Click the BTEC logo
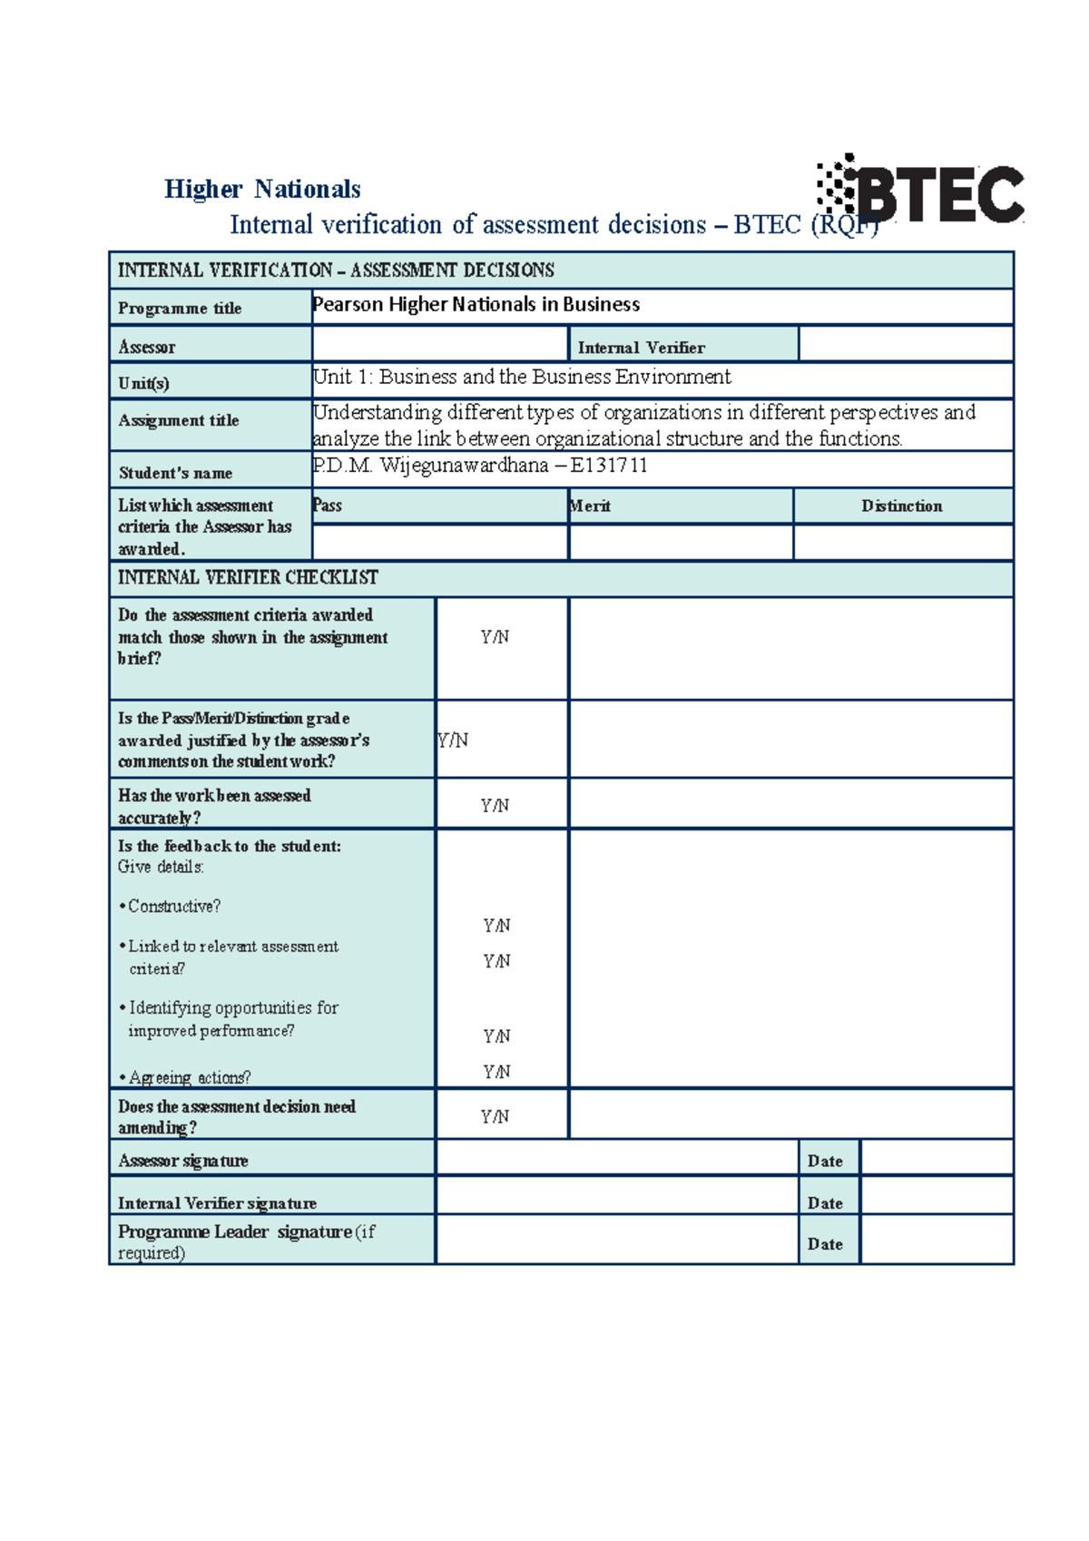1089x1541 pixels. click(921, 191)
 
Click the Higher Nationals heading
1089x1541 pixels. click(262, 189)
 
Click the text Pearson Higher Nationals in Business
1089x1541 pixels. click(476, 305)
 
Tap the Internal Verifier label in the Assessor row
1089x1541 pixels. click(641, 348)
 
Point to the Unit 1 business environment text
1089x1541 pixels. click(522, 377)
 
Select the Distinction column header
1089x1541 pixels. click(901, 506)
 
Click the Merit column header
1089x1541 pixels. click(590, 506)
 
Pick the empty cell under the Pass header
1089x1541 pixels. click(439, 543)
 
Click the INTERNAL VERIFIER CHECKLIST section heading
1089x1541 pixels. click(248, 578)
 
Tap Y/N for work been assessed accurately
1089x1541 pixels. click(495, 806)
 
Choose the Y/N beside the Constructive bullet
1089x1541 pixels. click(496, 926)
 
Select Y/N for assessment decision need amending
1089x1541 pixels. click(495, 1117)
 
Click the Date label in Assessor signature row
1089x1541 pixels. click(825, 1162)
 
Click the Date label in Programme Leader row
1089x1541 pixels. click(825, 1244)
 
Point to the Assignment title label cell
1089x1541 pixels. click(179, 421)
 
